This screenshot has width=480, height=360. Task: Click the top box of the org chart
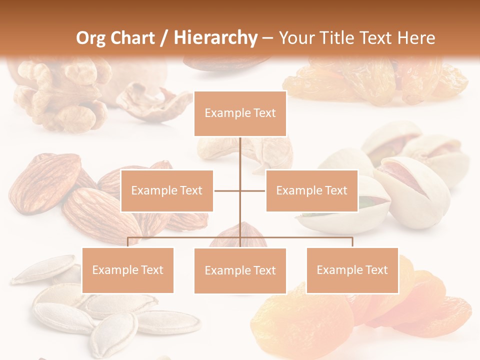[240, 113]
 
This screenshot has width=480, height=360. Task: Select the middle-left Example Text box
[166, 190]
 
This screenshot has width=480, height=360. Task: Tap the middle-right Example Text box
[311, 190]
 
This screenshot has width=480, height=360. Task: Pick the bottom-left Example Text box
[127, 270]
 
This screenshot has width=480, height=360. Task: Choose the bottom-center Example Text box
[240, 270]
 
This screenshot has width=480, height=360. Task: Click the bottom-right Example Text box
[352, 270]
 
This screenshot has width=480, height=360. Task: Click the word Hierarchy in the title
[215, 38]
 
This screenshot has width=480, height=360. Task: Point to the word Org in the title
[92, 38]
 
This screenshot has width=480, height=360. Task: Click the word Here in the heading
[416, 38]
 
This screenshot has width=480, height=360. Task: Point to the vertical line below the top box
[240, 160]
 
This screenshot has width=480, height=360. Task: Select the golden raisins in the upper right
[375, 80]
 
